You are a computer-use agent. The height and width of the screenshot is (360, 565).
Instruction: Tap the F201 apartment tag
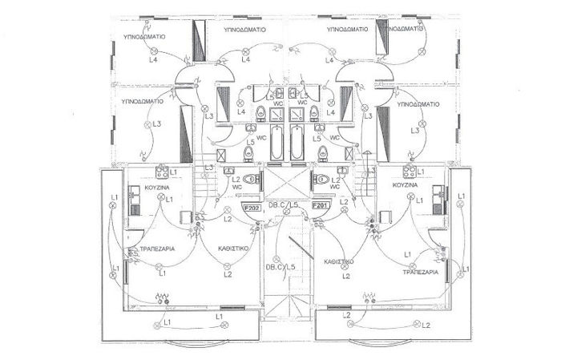pos(321,205)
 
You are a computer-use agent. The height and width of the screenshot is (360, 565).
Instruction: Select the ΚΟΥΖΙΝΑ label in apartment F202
pos(157,187)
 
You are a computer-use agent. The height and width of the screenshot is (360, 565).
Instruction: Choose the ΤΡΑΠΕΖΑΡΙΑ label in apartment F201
pos(420,273)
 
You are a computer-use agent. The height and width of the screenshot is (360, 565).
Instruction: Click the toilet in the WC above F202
pos(251,179)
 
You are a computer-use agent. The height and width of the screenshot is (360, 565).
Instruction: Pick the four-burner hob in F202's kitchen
pos(160,171)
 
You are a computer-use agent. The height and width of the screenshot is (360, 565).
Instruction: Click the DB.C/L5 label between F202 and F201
pos(285,206)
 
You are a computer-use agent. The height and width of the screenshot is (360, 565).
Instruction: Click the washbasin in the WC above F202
pos(229,179)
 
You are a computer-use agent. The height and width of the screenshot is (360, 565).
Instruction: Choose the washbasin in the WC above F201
pos(342,179)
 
